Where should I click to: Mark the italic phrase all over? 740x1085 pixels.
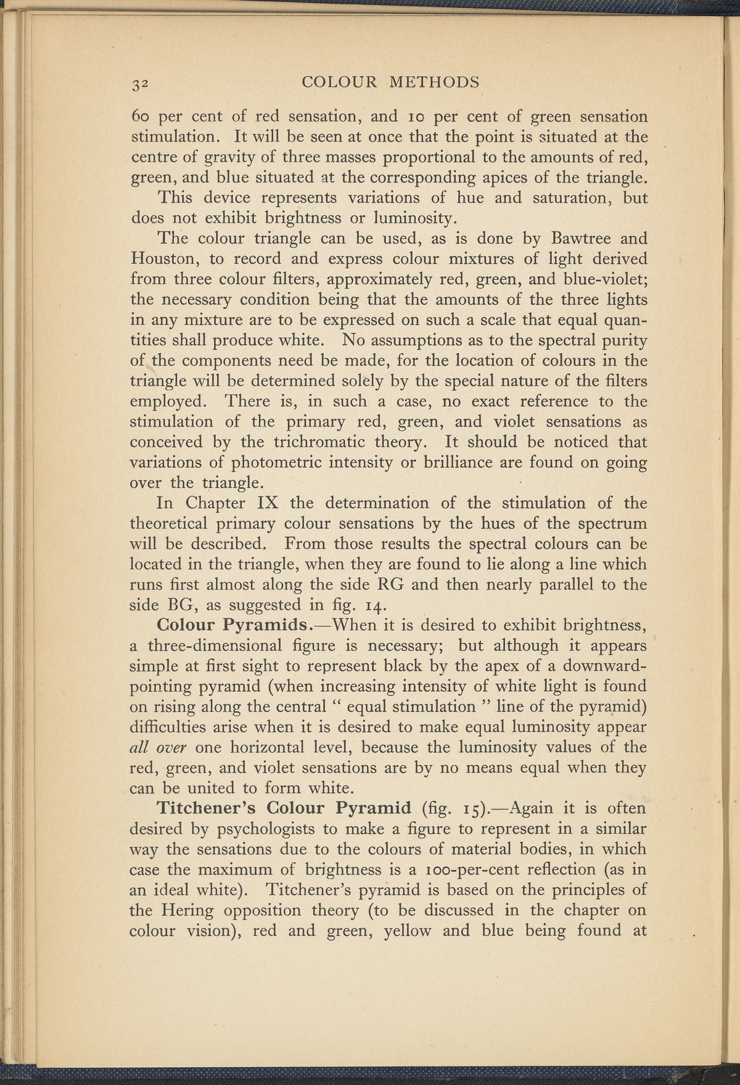[x=162, y=747]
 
